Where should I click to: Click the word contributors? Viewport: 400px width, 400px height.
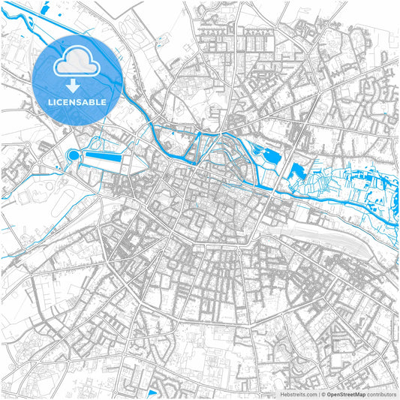pos(381,394)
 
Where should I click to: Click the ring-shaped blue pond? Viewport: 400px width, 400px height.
pos(73,156)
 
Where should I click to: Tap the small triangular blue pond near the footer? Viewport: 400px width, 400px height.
pos(152,392)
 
